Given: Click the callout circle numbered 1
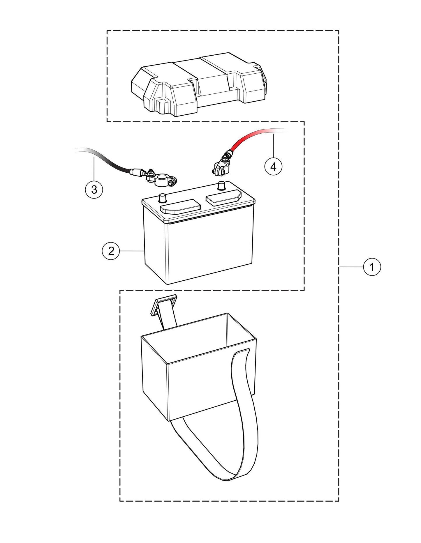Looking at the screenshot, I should coord(372,267).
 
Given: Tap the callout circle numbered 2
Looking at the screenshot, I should coord(111,251).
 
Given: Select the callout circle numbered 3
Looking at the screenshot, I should coord(94,190).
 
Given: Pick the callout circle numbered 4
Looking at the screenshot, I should coord(273,167).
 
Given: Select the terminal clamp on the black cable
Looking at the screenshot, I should coord(160,181).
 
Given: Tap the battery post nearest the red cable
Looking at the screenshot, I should coord(222,185).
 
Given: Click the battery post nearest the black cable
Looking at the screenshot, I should coord(162,198).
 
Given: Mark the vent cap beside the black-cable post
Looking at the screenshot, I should coord(181,207).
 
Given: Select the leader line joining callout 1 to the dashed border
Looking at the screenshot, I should coord(351,267).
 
